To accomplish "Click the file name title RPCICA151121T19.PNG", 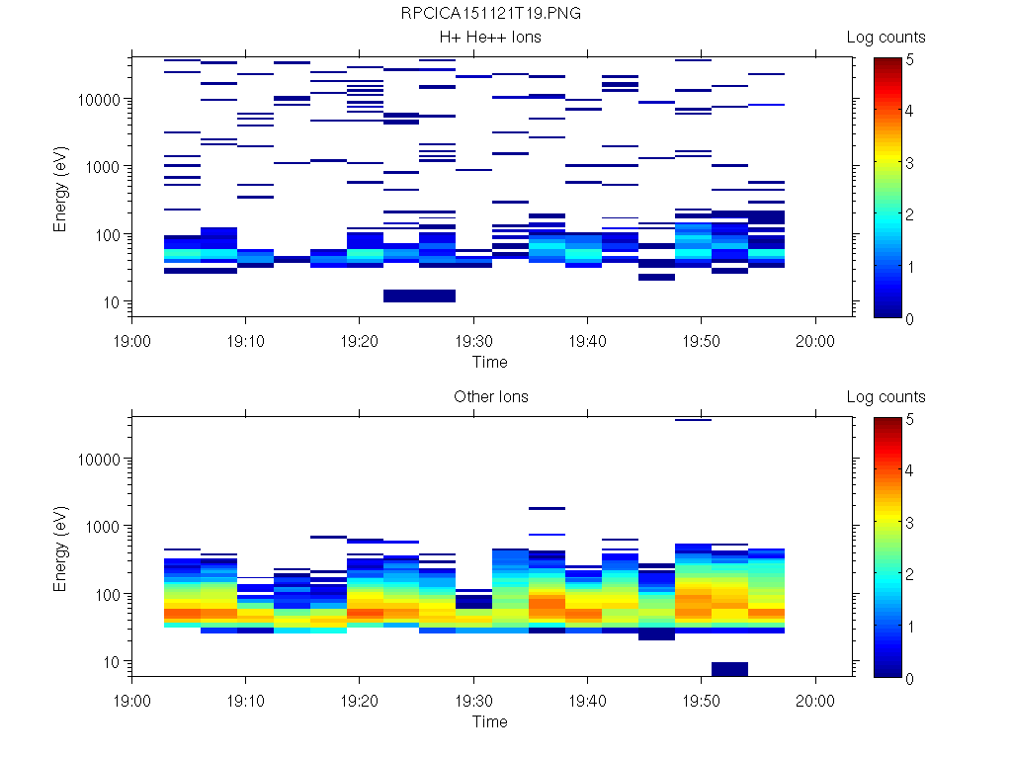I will tap(490, 14).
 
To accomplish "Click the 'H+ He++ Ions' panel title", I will tap(490, 38).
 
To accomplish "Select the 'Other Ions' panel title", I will tap(490, 397).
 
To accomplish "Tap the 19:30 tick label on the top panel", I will tap(473, 340).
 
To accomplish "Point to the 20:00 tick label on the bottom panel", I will tap(814, 700).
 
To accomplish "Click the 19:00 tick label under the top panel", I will tap(132, 340).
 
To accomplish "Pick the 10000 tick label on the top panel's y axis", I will tap(99, 100).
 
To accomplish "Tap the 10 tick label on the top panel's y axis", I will tap(113, 302).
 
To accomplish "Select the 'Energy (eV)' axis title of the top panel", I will tap(61, 188).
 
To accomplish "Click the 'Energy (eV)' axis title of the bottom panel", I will tap(61, 548).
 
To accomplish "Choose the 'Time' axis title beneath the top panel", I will tap(490, 362).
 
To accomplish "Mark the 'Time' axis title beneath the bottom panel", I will tap(490, 721).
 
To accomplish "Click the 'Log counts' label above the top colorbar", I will tap(886, 38).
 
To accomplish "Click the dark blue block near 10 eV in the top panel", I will tap(419, 295).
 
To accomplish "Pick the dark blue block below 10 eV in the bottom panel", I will tap(729, 669).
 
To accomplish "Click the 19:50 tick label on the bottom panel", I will tap(701, 700).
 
